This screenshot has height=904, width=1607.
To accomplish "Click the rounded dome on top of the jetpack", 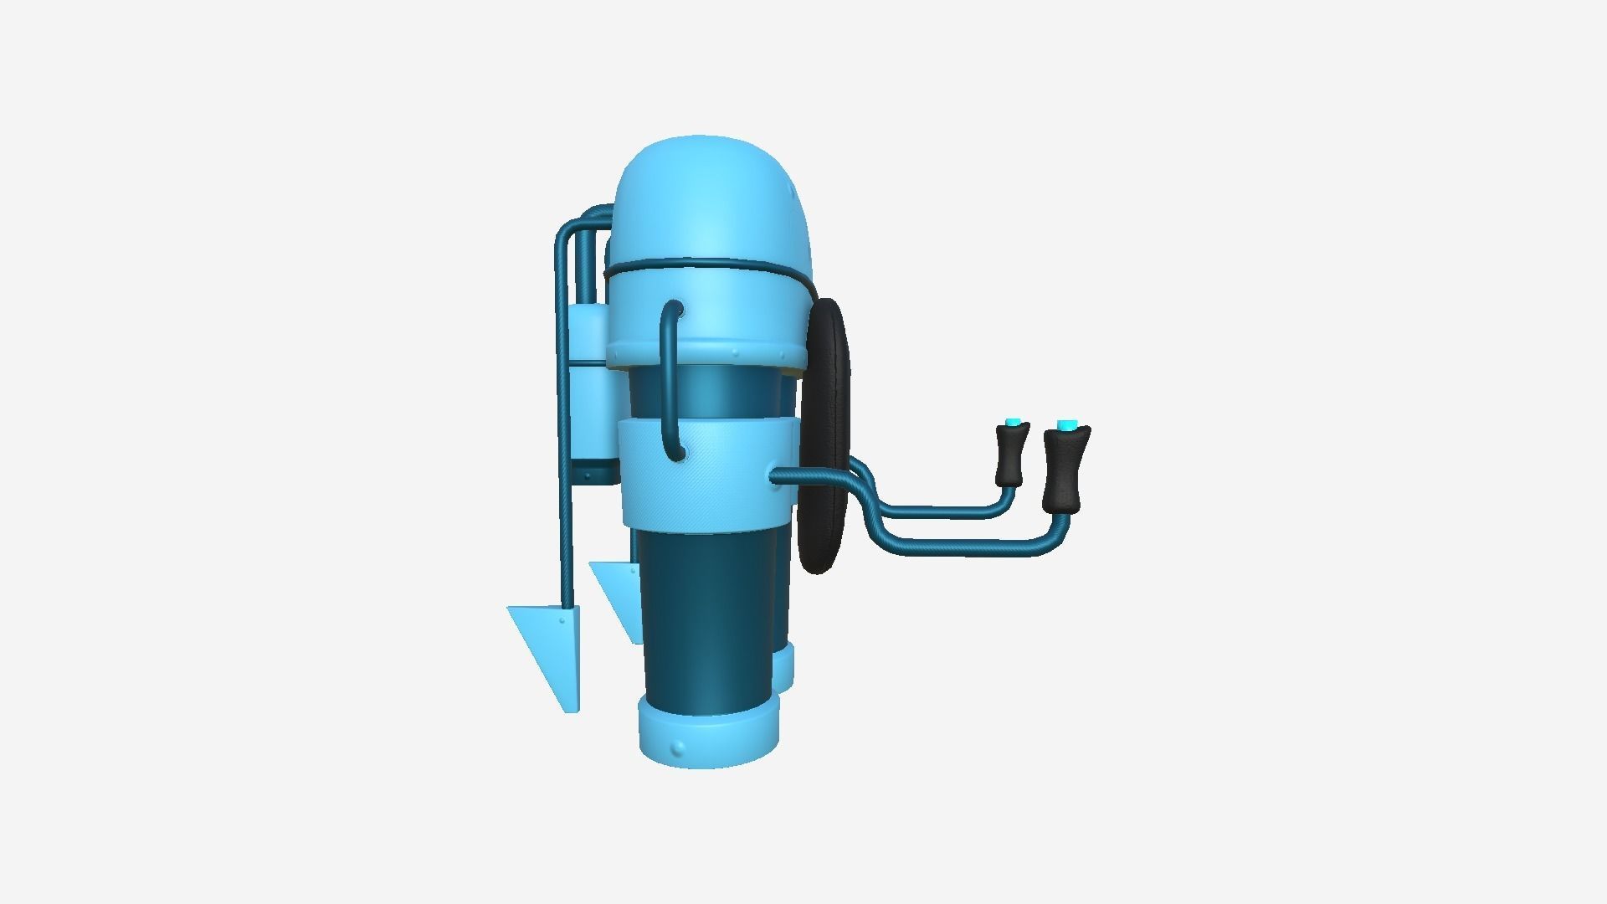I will (x=711, y=201).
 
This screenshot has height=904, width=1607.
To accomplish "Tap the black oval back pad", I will (x=825, y=435).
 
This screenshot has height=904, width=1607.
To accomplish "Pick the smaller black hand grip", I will (x=1012, y=456).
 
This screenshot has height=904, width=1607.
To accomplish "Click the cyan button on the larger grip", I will (x=1065, y=426).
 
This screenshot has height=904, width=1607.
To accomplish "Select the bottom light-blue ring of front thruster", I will (x=707, y=737).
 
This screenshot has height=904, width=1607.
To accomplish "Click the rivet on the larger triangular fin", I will (x=560, y=620).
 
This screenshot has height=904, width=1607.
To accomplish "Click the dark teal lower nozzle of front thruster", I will (x=707, y=619).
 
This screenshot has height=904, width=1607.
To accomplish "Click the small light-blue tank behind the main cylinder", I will (x=590, y=393).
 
